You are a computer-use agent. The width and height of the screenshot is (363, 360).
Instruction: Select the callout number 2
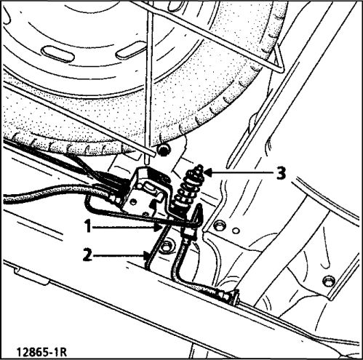point(88,255)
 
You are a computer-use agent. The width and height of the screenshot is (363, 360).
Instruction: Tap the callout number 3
point(281,174)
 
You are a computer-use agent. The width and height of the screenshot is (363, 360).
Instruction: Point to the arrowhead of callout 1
point(158,228)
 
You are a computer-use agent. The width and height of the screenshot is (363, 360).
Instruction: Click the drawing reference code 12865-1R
point(41,352)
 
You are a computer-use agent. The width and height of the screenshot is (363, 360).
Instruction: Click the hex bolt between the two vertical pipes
point(167,245)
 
